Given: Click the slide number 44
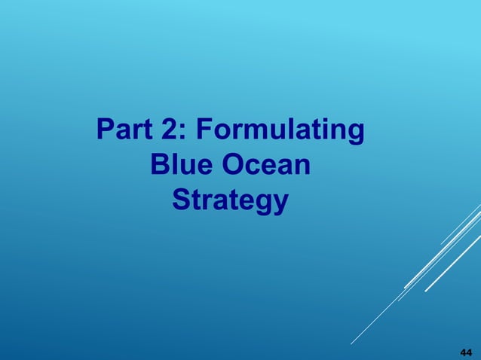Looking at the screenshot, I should pos(465,352).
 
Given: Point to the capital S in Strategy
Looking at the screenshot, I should pos(182,200).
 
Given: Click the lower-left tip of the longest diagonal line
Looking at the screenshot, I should pos(351,344).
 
